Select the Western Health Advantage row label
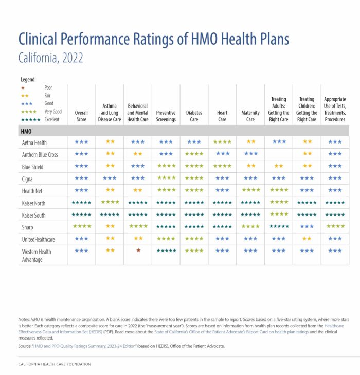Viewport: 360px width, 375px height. (x=37, y=255)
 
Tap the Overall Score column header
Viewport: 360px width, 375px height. (x=81, y=116)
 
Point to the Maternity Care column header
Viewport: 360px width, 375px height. (x=250, y=116)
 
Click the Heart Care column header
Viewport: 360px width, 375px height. (x=222, y=116)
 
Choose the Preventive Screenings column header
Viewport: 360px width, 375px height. (x=166, y=116)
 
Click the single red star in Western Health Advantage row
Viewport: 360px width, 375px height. (x=138, y=251)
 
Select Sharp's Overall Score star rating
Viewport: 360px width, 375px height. (x=81, y=226)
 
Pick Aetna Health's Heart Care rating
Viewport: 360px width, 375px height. (x=222, y=141)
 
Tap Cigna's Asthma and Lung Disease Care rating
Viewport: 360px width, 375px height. (x=110, y=178)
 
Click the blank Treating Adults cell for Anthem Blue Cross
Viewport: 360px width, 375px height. (x=279, y=154)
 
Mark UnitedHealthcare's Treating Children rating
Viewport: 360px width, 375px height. (x=307, y=238)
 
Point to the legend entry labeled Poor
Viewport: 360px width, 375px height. (x=48, y=87)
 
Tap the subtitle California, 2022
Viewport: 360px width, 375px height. (x=50, y=58)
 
